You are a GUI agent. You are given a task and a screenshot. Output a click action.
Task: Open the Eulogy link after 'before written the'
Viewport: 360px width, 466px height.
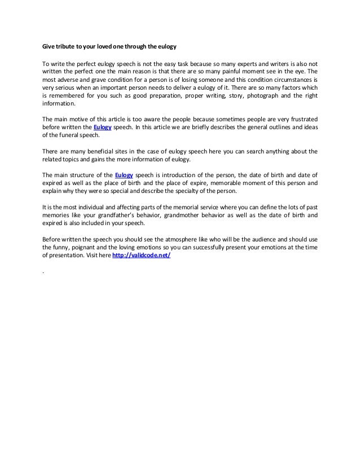coord(103,128)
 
